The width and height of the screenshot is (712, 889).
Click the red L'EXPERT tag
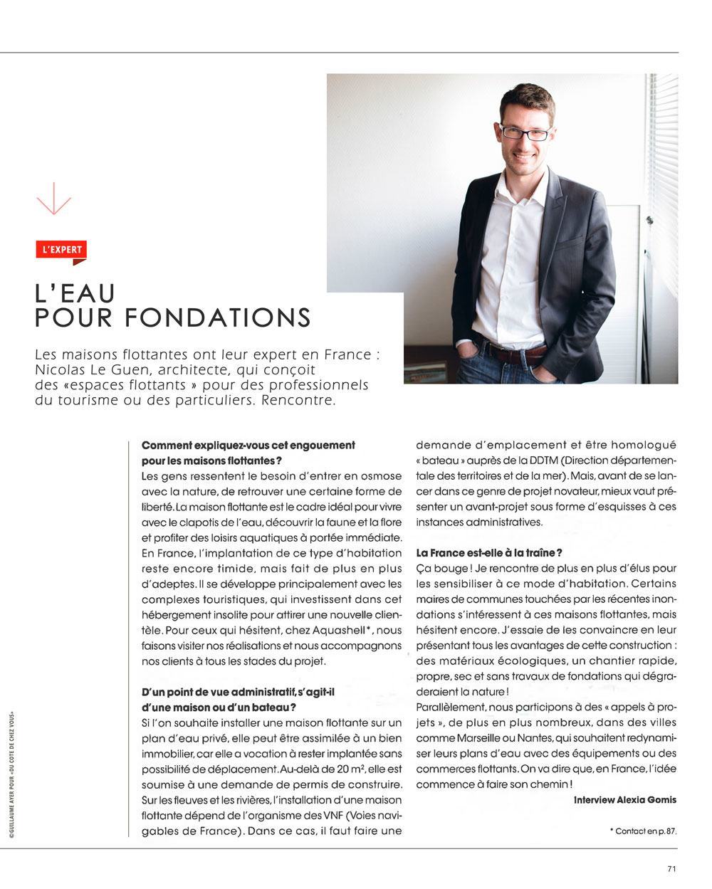61,250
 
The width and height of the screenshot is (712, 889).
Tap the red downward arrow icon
53,198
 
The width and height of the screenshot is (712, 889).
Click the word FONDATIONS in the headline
218,317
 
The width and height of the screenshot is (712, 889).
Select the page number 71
671,868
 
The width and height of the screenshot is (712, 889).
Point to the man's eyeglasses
525,132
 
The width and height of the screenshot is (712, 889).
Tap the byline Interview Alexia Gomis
624,800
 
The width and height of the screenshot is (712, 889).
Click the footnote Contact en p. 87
643,831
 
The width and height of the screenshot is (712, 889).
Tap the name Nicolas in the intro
59,370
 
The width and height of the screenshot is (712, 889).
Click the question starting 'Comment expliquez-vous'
248,445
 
